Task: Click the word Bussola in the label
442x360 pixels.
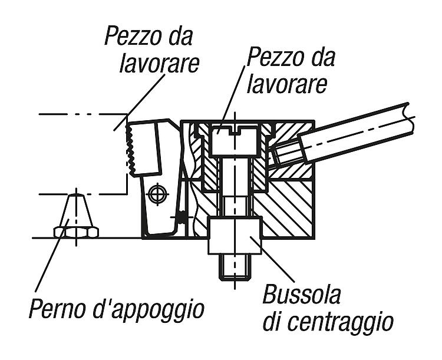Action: point(302,295)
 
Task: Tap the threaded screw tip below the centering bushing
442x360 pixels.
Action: point(235,267)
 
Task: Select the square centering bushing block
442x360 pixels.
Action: point(235,236)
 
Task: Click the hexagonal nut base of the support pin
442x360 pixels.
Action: point(76,232)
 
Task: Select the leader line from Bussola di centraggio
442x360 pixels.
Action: point(272,260)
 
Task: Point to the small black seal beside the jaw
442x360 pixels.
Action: point(183,217)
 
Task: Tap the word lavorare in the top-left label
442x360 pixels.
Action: point(160,64)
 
